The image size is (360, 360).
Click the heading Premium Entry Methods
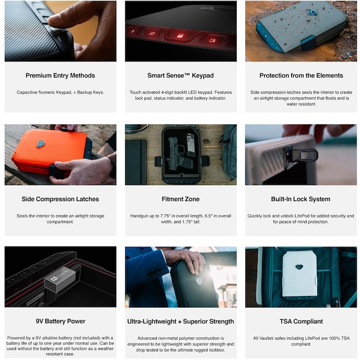pos(60,76)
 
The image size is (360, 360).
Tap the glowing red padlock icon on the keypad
pos(180,36)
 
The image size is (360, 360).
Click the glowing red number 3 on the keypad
pos(212,40)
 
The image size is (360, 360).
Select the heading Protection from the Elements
pos(301,76)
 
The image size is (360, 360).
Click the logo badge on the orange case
pos(41,144)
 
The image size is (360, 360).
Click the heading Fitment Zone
pos(180,199)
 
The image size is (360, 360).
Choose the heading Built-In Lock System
pos(301,199)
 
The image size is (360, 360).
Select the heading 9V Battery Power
pos(60,321)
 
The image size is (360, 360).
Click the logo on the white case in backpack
pos(299,267)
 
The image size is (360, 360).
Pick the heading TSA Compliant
pos(301,322)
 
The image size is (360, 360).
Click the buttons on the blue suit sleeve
pos(154,273)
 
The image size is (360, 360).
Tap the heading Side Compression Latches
pos(60,199)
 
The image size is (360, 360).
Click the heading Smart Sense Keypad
pos(180,76)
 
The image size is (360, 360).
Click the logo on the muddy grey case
pos(312,12)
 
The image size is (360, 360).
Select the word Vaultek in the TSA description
pos(267,338)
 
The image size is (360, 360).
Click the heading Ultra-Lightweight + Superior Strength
pos(181,322)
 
